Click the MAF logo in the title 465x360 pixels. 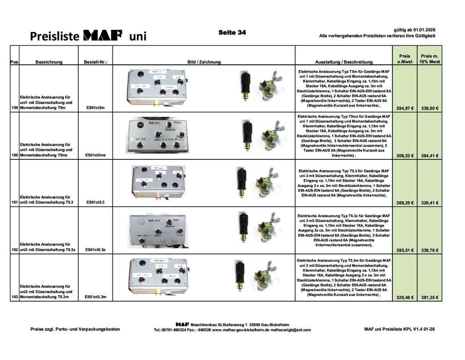click(102, 36)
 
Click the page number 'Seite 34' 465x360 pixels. click(232, 33)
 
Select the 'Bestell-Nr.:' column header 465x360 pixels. click(96, 62)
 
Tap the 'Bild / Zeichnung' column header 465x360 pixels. click(204, 62)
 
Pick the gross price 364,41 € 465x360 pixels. click(429, 156)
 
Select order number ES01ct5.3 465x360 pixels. click(96, 202)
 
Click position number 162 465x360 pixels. click(14, 250)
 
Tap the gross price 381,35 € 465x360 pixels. click(429, 297)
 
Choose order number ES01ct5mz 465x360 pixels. click(96, 155)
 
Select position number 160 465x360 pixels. click(14, 155)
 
